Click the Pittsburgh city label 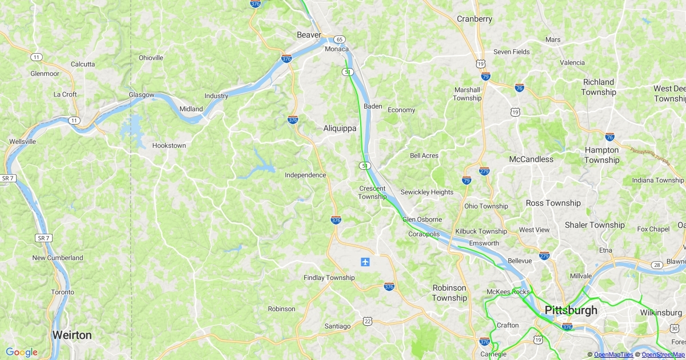coord(571,310)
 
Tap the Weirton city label coord(71,335)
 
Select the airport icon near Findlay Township coord(365,262)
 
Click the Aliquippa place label coord(340,129)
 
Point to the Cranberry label coord(474,19)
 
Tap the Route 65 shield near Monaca coord(340,39)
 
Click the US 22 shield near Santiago coord(367,322)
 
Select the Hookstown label coord(169,146)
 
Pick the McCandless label coord(531,159)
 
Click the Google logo coord(22,352)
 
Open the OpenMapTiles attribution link coord(613,355)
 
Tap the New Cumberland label coord(57,258)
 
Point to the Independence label coord(305,175)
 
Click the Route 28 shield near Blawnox coord(657,264)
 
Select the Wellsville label coord(23,141)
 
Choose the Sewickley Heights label coord(426,192)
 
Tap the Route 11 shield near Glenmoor coord(37,57)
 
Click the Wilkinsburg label coord(661,313)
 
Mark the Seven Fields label coord(511,52)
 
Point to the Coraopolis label coord(424,234)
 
